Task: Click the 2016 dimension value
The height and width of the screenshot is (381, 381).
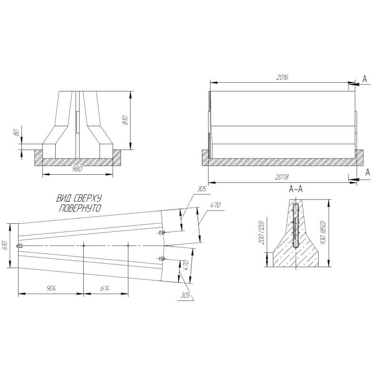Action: [x=282, y=77]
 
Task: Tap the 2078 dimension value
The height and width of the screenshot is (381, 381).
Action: [x=281, y=177]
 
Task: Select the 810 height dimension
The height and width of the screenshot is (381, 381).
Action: [x=126, y=120]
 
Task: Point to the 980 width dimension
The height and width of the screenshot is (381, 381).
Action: [x=78, y=169]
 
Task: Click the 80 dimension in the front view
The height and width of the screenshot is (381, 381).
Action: [x=17, y=133]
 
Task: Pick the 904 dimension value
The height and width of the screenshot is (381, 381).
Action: [x=51, y=289]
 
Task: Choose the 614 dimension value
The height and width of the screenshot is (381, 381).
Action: [x=104, y=289]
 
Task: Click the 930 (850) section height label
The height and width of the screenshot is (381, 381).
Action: [x=323, y=233]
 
